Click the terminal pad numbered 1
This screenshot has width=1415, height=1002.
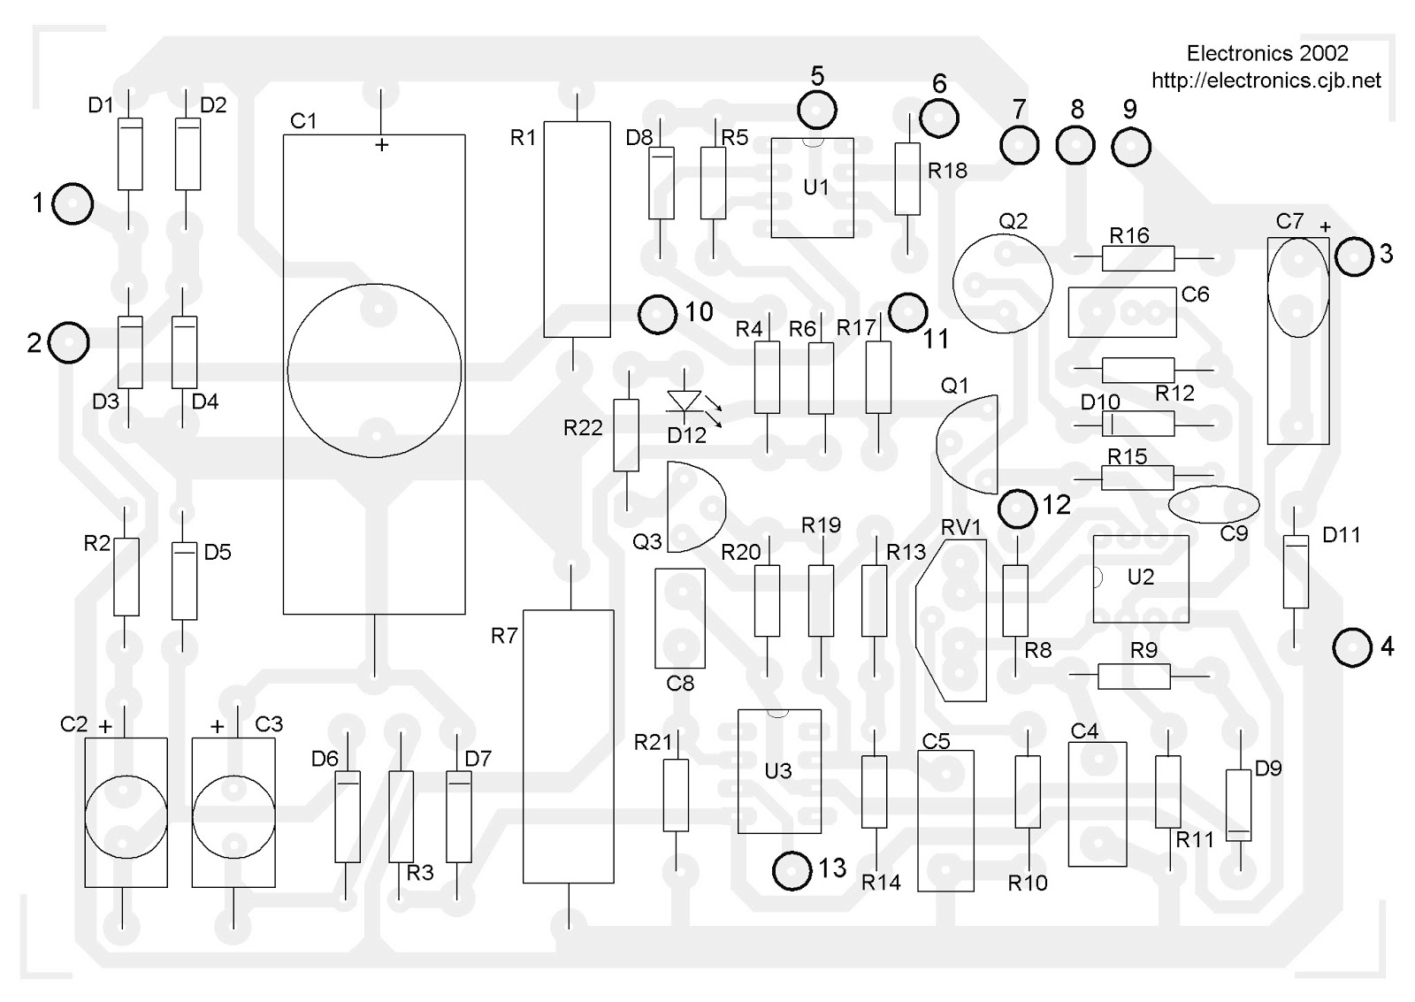(x=73, y=204)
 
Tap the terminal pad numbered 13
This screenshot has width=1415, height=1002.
(x=792, y=871)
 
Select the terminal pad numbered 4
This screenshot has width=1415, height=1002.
(x=1351, y=648)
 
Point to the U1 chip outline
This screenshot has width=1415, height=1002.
(x=812, y=187)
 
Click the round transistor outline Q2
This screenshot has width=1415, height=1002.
(x=1002, y=283)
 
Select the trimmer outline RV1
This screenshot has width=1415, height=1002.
(x=953, y=621)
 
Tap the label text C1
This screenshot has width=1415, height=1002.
(x=302, y=121)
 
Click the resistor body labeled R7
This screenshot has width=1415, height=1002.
(x=568, y=746)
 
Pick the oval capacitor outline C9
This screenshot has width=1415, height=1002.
(x=1213, y=505)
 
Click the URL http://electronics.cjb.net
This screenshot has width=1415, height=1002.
(x=1266, y=81)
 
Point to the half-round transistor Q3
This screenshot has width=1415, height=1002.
(x=692, y=507)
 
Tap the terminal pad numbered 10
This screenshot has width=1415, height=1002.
(x=657, y=314)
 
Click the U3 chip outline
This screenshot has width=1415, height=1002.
(x=779, y=771)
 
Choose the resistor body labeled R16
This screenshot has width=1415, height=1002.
(x=1137, y=258)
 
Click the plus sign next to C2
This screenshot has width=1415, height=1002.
(x=106, y=727)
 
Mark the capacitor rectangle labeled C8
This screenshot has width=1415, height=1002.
(x=679, y=617)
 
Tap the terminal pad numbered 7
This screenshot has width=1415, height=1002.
(x=1020, y=145)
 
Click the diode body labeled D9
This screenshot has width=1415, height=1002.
(x=1238, y=806)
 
